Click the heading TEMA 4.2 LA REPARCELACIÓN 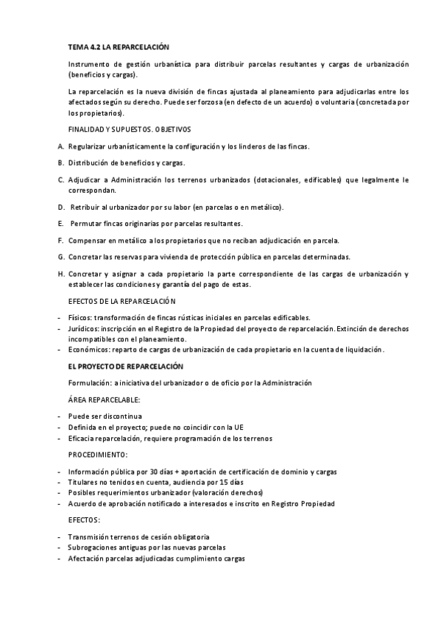118,47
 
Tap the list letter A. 60,146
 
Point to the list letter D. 60,207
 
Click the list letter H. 60,274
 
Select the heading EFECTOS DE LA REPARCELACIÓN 121,301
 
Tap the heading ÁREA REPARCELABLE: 104,400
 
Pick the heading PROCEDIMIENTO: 97,455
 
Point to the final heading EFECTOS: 83,520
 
